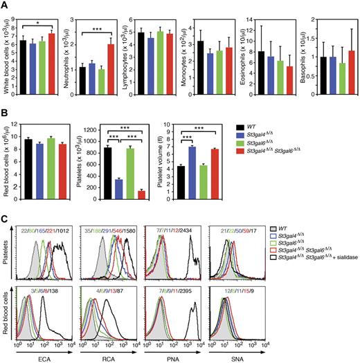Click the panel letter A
pyautogui.click(x=6, y=6)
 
